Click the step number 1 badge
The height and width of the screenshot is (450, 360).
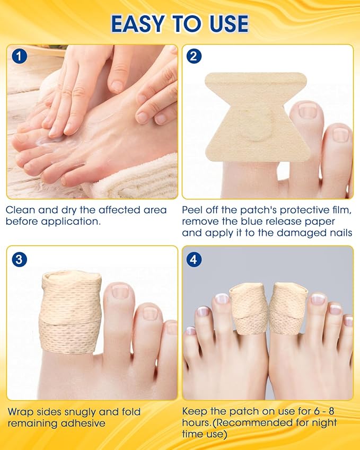(19, 56)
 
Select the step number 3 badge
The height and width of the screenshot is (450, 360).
(19, 260)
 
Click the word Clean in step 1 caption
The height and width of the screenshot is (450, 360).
(20, 209)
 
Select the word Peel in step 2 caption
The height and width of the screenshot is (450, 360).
(194, 209)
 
